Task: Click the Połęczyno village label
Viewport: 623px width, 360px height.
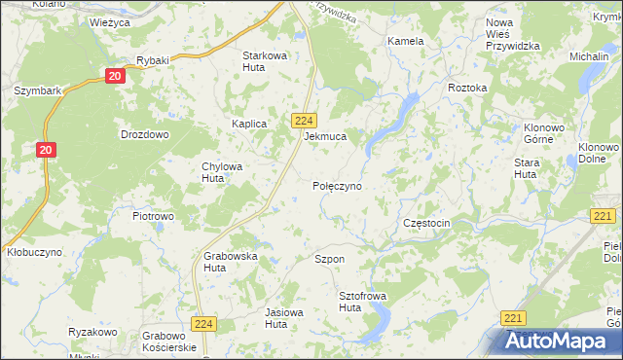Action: coord(338,185)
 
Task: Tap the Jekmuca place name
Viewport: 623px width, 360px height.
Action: coord(325,137)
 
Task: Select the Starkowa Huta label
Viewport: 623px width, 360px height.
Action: coord(265,61)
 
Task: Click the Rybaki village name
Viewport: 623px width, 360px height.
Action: coord(153,60)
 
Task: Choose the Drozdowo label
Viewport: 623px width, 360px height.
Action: coord(144,134)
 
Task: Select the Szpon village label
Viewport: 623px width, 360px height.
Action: coord(329,260)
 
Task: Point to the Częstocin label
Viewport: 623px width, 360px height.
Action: coord(425,224)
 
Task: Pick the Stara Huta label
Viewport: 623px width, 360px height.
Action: coord(527,167)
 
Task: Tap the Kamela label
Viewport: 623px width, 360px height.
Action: coord(405,42)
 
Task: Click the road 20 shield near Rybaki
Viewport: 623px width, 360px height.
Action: coord(116,76)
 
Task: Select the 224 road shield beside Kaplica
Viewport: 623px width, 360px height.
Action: coord(302,120)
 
